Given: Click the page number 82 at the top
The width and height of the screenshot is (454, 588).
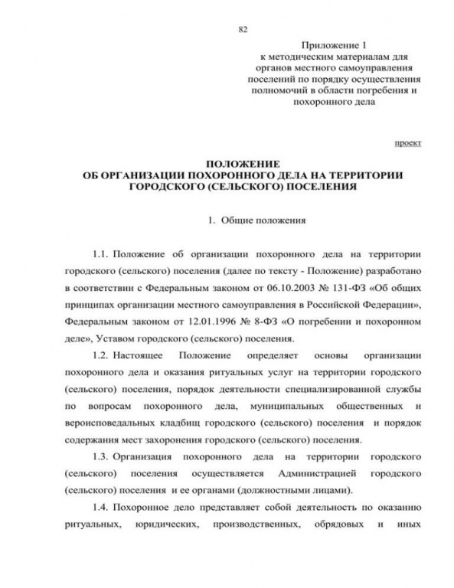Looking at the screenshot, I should [243, 29].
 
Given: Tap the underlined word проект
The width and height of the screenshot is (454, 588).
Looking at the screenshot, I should [407, 142].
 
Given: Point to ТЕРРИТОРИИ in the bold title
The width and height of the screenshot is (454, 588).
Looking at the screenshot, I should [369, 175].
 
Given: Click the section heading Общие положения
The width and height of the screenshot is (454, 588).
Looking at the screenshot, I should [263, 220].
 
